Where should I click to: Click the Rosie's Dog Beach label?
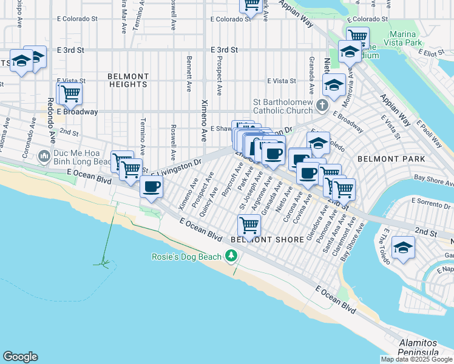click(x=188, y=257)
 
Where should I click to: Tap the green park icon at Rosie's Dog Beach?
click(x=231, y=257)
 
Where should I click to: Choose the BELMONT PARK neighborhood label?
click(x=385, y=158)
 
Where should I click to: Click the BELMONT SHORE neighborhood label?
click(x=267, y=240)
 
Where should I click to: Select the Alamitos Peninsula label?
click(x=419, y=348)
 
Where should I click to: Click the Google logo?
click(x=20, y=357)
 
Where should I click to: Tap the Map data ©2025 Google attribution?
click(x=416, y=359)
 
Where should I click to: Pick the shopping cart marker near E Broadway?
click(x=71, y=94)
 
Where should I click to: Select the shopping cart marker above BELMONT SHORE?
click(x=249, y=226)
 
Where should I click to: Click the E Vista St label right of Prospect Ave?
click(x=282, y=81)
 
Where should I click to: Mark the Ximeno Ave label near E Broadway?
click(x=205, y=113)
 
